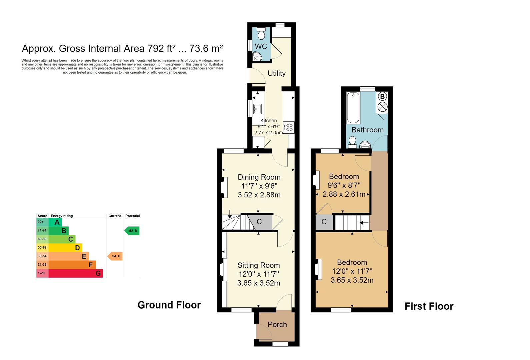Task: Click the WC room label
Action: tap(261, 46)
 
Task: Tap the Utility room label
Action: tap(276, 73)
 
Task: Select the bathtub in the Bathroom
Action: tap(353, 108)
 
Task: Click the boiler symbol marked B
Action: tap(382, 97)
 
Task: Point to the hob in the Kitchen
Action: tap(289, 127)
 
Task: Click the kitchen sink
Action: tap(258, 109)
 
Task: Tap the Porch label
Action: tap(277, 324)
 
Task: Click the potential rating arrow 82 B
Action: tap(132, 230)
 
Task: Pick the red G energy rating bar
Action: tap(76, 273)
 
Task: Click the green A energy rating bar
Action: tap(55, 222)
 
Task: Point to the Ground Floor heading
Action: tap(169, 305)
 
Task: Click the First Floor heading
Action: tap(429, 306)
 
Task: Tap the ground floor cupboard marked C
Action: tap(259, 222)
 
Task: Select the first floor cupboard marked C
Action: tap(324, 222)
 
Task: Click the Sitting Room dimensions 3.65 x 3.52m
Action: tap(258, 283)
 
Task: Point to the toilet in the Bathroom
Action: tap(352, 142)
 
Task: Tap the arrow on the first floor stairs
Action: tap(364, 223)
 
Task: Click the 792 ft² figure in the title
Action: tap(161, 49)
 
